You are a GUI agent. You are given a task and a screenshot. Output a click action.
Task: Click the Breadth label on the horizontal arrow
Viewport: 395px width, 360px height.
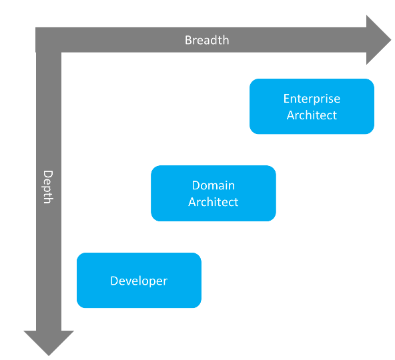(207, 40)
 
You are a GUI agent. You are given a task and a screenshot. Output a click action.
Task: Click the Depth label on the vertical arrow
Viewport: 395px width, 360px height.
(48, 187)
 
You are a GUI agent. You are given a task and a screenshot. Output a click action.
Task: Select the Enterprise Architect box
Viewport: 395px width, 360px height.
(312, 107)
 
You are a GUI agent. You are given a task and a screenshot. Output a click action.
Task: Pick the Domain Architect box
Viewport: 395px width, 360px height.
(213, 193)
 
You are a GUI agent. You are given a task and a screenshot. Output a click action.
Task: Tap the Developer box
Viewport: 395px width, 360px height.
(139, 281)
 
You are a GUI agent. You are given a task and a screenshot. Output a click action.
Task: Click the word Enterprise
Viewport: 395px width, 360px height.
(312, 99)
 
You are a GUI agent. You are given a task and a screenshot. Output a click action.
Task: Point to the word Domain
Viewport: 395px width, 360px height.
(213, 185)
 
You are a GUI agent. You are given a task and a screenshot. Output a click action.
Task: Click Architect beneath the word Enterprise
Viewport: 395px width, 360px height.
(312, 115)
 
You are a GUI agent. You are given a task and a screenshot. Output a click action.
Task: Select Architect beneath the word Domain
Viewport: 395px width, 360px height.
(213, 202)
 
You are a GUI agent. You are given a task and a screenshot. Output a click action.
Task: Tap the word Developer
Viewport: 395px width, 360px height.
(139, 281)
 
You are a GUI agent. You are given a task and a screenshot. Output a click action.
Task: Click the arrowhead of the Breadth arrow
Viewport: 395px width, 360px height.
(378, 40)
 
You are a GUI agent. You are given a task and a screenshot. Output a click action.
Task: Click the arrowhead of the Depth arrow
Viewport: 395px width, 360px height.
(48, 343)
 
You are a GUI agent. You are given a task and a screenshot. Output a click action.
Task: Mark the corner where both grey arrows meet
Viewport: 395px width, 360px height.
(48, 40)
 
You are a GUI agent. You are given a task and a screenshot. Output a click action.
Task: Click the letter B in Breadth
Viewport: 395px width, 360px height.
(188, 40)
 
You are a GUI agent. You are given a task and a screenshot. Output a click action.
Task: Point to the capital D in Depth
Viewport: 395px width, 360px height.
(48, 173)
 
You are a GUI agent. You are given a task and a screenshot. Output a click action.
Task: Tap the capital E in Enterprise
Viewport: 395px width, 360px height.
(286, 99)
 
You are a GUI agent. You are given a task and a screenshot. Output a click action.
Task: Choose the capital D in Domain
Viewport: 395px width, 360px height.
(195, 185)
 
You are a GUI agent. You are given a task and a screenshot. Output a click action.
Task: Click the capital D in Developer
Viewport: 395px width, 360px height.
(114, 281)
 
